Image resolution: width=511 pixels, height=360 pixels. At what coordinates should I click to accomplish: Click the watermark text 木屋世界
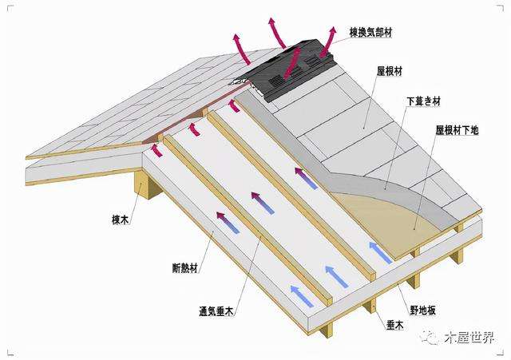click(470, 338)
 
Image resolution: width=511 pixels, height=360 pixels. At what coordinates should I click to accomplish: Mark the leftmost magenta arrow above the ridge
click(238, 44)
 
